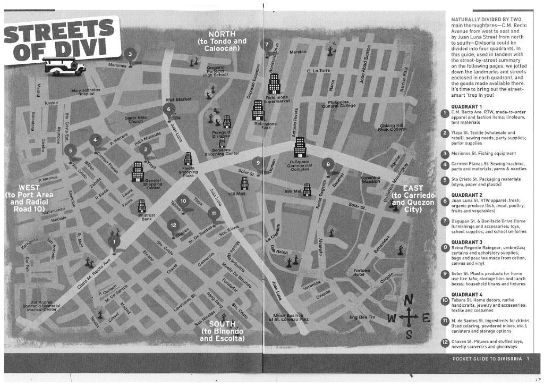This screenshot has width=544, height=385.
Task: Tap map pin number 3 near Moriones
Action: point(130,55)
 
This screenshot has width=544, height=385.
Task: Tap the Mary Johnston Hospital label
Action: point(85,92)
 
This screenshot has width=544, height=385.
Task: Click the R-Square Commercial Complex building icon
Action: point(299,147)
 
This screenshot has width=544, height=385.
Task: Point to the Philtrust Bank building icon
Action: point(142,206)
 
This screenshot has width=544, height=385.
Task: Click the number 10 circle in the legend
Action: point(446,300)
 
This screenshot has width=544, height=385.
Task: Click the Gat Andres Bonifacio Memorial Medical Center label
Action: point(42,306)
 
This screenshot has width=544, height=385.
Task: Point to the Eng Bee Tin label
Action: point(362,317)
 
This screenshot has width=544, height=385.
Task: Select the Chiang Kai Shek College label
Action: point(393,127)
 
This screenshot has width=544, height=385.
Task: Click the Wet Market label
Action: point(178,99)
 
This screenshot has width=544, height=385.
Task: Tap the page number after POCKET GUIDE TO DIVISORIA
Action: point(528,359)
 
